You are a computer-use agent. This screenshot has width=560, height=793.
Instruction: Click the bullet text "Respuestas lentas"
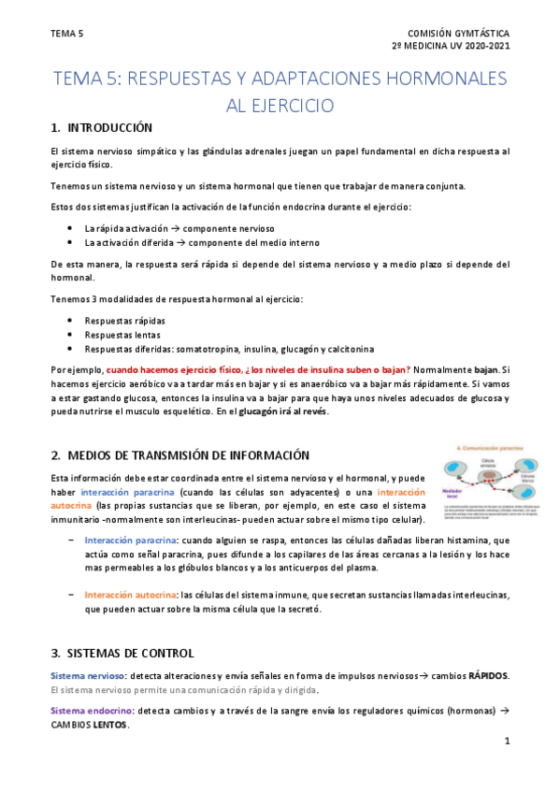coord(122,334)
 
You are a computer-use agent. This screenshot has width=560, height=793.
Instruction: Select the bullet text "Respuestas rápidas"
coord(124,319)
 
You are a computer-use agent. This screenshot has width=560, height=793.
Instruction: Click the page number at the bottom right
coord(506,743)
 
